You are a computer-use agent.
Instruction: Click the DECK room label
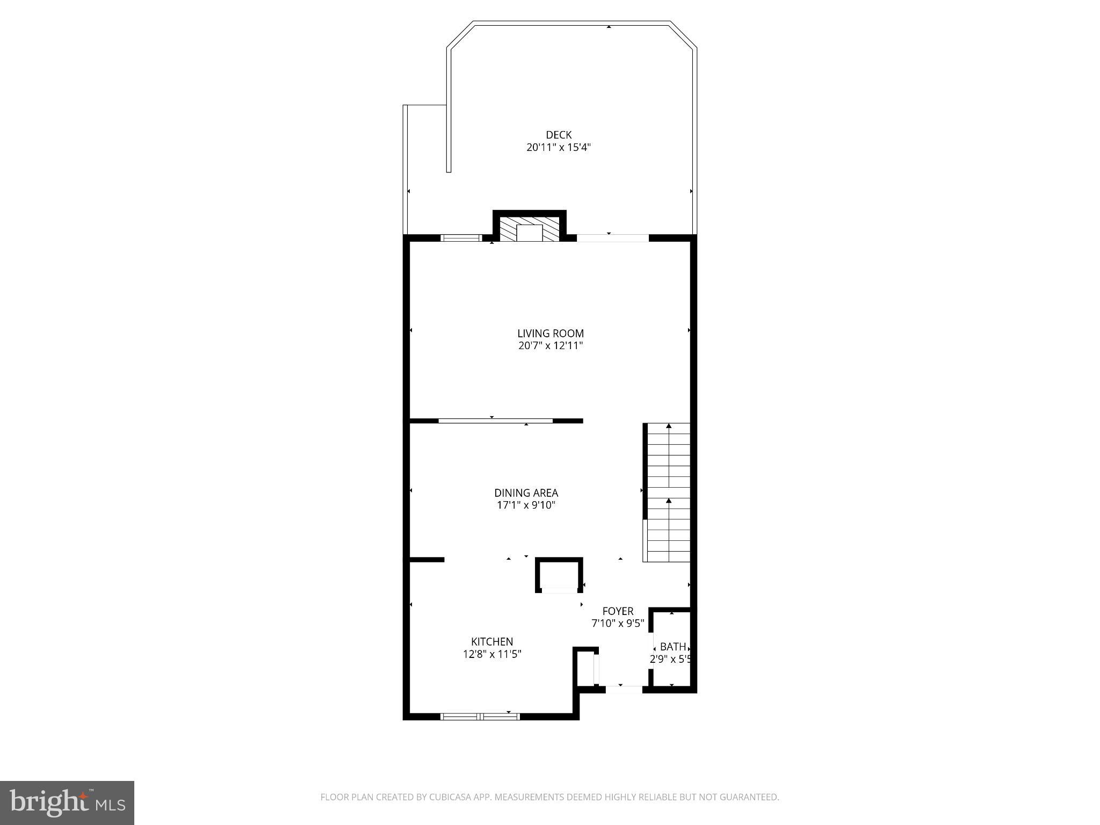(559, 135)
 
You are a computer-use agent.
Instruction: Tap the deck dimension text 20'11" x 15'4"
(559, 148)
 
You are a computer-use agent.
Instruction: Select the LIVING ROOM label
(551, 334)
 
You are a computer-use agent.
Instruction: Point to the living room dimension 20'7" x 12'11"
(551, 346)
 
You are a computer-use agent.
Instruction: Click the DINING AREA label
(526, 493)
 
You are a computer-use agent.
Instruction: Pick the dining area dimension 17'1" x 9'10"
(526, 505)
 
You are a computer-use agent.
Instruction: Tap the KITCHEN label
(492, 641)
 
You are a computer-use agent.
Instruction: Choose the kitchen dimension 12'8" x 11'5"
(492, 654)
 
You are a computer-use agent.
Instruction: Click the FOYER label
(618, 611)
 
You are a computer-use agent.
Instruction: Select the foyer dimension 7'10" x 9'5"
(618, 624)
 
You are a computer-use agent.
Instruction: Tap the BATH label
(672, 647)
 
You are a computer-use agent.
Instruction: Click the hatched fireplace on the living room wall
(529, 228)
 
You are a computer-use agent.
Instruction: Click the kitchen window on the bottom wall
(480, 716)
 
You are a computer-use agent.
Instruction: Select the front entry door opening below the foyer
(624, 689)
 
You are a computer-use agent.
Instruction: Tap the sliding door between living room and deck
(612, 238)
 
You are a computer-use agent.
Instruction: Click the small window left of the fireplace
(461, 238)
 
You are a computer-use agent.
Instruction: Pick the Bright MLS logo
(67, 803)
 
